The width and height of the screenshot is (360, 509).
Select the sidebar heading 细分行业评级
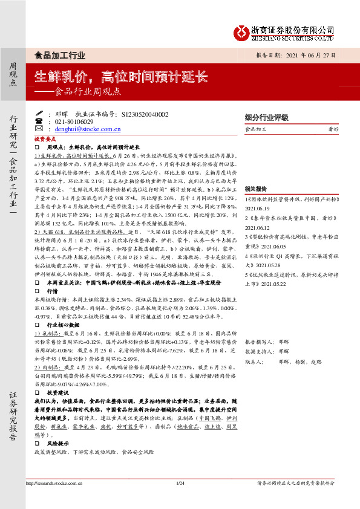[266, 117]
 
